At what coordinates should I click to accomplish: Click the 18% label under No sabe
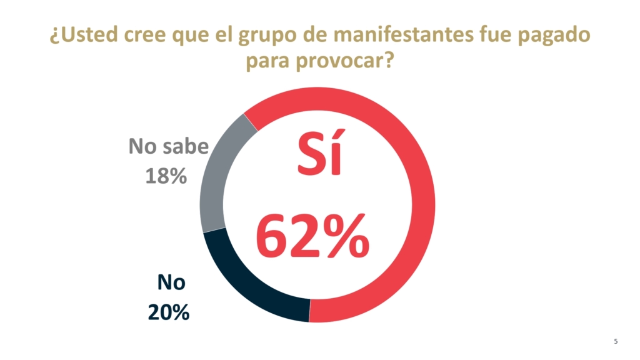point(167,177)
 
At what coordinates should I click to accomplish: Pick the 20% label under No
point(169,311)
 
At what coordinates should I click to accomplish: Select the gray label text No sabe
point(167,147)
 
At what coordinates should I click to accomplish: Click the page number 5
point(616,341)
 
